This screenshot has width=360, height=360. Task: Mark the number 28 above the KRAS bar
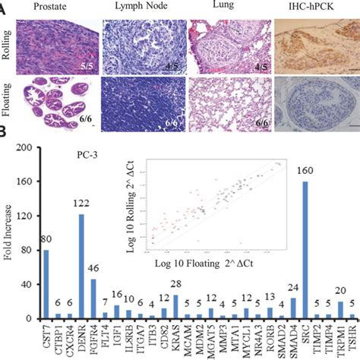175,290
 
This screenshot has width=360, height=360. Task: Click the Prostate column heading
52,7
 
